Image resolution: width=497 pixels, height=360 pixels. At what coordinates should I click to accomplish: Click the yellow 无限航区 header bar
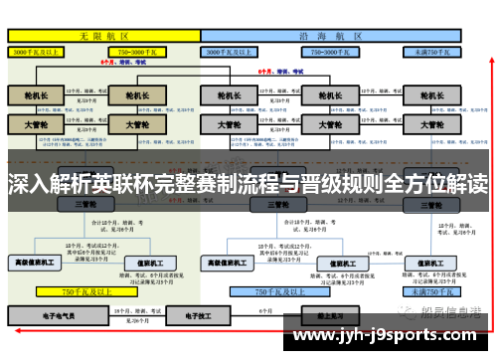(103, 35)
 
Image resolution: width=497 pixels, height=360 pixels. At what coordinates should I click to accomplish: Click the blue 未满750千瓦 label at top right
(433, 50)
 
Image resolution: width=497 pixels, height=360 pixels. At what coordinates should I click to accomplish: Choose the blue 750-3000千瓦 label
(327, 50)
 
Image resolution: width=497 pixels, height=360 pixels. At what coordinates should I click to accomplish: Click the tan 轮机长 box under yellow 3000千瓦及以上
(36, 95)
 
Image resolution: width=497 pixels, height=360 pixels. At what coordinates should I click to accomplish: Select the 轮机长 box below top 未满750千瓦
(431, 95)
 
